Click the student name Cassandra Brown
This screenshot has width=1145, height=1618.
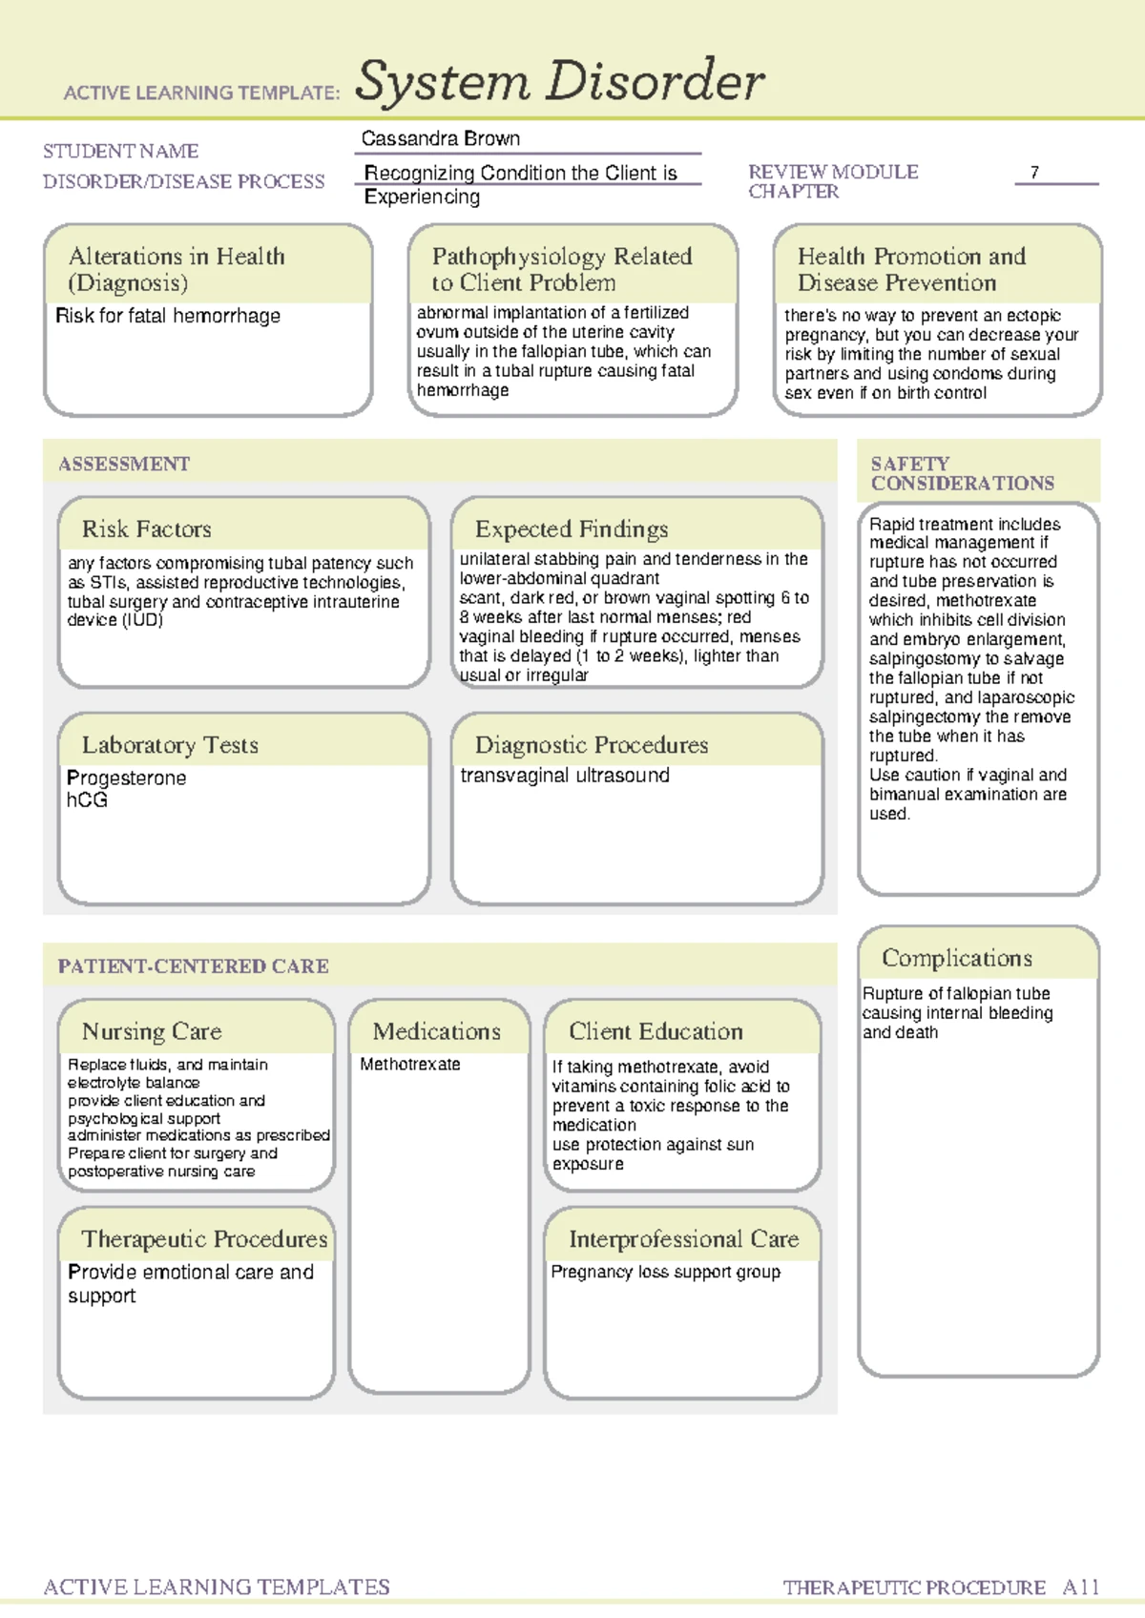click(x=440, y=138)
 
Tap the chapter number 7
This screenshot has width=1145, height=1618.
click(x=1034, y=173)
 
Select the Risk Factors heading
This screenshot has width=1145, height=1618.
click(x=146, y=529)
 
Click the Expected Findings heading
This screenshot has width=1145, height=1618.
click(x=572, y=529)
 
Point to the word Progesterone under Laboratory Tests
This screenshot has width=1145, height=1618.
click(x=126, y=778)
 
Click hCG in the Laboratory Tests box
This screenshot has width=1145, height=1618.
click(x=87, y=800)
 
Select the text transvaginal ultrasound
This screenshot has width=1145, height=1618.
click(x=565, y=776)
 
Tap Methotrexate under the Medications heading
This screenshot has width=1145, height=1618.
click(x=410, y=1064)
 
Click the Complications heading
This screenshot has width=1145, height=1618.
click(x=956, y=958)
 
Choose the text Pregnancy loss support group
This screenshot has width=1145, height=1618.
click(x=665, y=1272)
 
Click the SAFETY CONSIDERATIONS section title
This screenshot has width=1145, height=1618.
click(x=962, y=473)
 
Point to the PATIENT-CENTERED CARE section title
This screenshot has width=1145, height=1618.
click(x=193, y=966)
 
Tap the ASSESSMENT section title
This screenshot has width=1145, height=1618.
click(x=124, y=465)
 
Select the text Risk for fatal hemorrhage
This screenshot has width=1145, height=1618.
click(x=168, y=316)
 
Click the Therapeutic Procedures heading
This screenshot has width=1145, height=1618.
click(x=204, y=1239)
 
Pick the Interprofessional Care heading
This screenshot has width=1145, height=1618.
click(x=683, y=1239)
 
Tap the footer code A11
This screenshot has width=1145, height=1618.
click(x=1081, y=1587)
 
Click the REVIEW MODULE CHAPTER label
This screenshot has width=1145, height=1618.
click(x=832, y=181)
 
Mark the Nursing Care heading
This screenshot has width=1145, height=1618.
click(x=152, y=1031)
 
